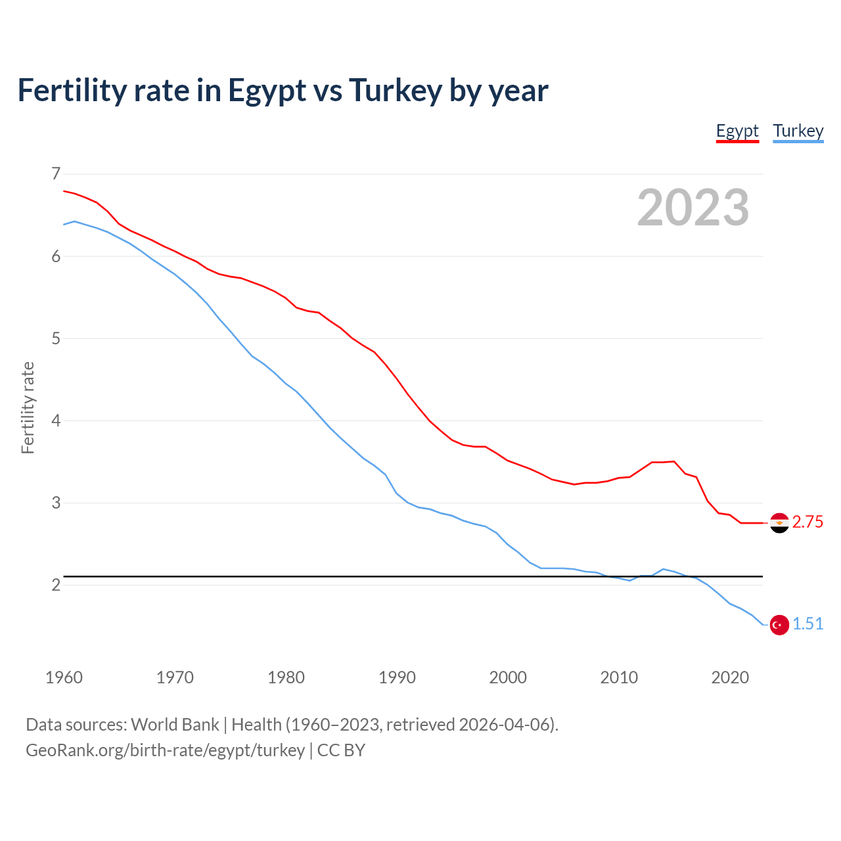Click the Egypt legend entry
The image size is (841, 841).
pos(737,131)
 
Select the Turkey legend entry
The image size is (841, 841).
pos(798,131)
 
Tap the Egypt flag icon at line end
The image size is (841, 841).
pos(779,523)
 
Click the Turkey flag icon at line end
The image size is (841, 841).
pos(779,625)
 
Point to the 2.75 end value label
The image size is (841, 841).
pos(807,522)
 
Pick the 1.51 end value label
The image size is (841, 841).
pos(807,624)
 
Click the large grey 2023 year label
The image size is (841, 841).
pos(693,208)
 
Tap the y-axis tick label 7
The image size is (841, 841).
pos(56,174)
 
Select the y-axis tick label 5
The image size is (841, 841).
pos(56,338)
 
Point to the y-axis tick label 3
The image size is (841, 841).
pos(56,503)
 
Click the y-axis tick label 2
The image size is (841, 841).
pos(56,585)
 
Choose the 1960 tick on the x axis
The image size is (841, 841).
pos(64,677)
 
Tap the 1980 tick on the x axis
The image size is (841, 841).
pos(286,677)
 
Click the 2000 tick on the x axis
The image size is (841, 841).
pos(508,677)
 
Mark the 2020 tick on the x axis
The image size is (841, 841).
pos(730,677)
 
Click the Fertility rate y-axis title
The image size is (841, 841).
pos(28,407)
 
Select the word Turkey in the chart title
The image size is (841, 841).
pos(395,91)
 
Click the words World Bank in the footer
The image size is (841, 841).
pos(175,725)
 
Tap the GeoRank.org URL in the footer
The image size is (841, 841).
pos(165,750)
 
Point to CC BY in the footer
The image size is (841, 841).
pos(341,750)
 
